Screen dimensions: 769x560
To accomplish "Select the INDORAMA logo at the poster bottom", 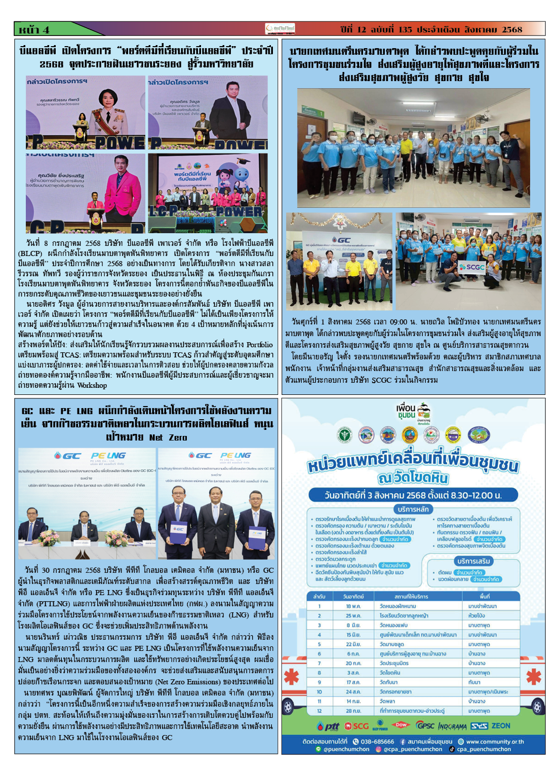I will [x=452, y=726].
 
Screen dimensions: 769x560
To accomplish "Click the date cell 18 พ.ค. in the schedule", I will [x=353, y=606].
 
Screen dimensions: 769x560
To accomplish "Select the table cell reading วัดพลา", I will [x=387, y=701].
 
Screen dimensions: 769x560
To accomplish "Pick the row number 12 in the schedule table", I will [x=319, y=711].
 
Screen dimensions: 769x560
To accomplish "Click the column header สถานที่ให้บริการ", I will [x=411, y=596].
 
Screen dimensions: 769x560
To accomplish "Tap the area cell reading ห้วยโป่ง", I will [x=476, y=615].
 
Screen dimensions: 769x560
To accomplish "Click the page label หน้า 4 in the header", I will [x=34, y=29].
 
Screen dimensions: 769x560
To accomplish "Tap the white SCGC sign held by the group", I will [x=471, y=267].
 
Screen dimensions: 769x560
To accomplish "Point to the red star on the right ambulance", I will [x=533, y=676].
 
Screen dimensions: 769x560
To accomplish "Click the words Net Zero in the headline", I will [x=168, y=437].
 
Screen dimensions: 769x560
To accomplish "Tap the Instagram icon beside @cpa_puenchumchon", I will [x=378, y=749].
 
